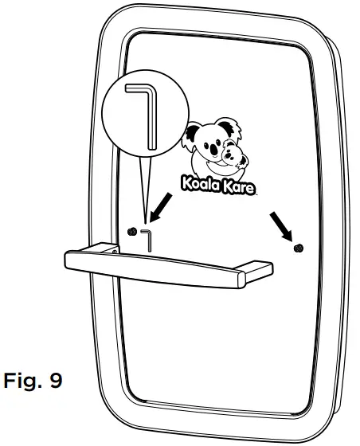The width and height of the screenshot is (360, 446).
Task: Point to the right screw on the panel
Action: click(299, 248)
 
